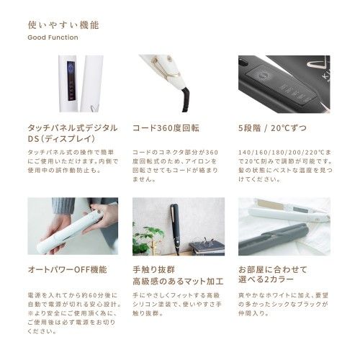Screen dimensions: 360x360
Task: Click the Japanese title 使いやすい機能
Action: coord(63,24)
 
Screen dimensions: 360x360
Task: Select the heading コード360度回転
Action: coord(166,127)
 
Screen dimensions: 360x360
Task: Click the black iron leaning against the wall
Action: coord(174,223)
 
